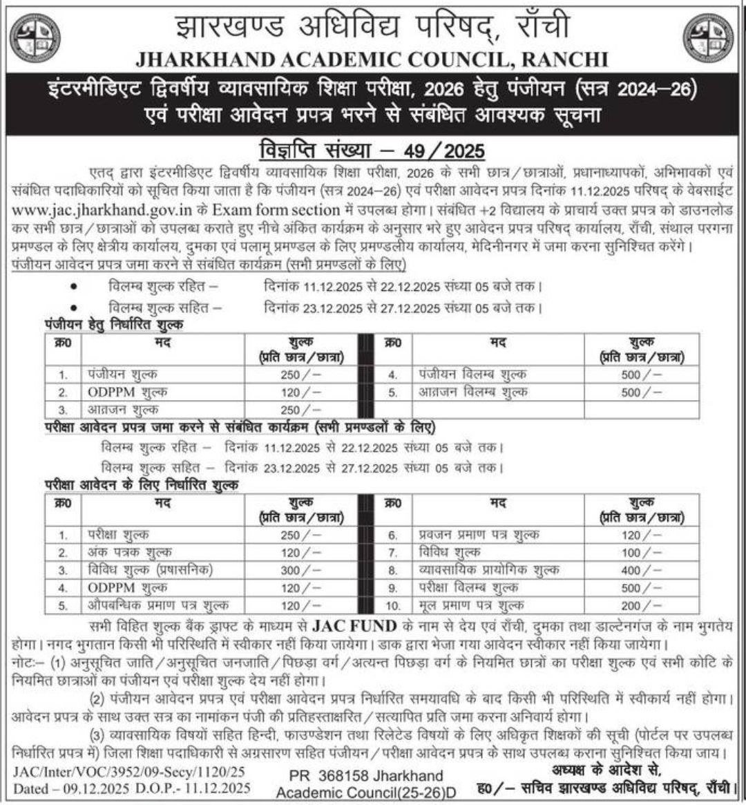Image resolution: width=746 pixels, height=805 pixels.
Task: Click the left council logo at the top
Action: click(35, 37)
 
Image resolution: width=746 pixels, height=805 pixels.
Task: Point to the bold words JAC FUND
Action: click(355, 627)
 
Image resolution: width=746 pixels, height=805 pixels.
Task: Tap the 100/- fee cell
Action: click(641, 553)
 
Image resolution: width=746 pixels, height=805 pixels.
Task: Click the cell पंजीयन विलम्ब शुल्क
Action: click(472, 375)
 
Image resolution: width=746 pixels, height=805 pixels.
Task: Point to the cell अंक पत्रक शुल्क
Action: click(131, 553)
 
